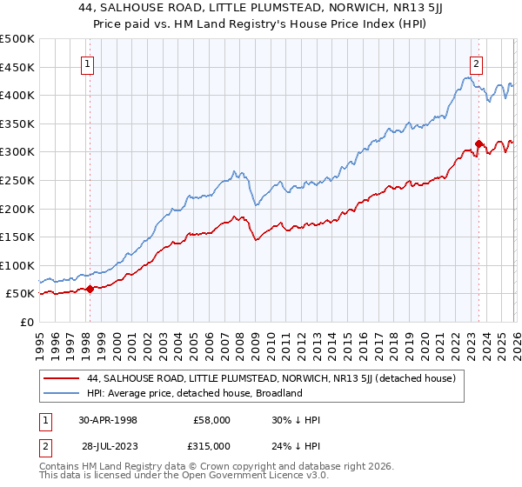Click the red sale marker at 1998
pyautogui.click(x=90, y=290)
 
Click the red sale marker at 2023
pyautogui.click(x=478, y=143)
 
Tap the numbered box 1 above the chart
pyautogui.click(x=89, y=63)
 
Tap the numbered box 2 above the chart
pyautogui.click(x=477, y=63)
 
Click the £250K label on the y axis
pyautogui.click(x=17, y=181)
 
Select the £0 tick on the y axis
pyautogui.click(x=26, y=322)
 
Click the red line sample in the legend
pyautogui.click(x=63, y=379)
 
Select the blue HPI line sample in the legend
pyautogui.click(x=63, y=393)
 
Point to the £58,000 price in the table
pyautogui.click(x=212, y=419)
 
